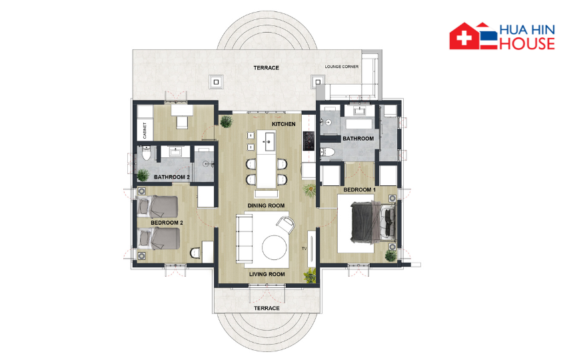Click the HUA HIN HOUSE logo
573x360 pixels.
[502, 36]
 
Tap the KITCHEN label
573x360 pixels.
[284, 124]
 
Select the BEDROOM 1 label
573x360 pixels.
[359, 190]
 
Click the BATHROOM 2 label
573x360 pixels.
[172, 177]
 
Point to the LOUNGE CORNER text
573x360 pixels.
[342, 67]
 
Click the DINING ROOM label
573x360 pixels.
[266, 206]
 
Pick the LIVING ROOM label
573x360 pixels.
[267, 274]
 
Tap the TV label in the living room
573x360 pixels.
[304, 249]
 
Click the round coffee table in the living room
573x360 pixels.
[275, 247]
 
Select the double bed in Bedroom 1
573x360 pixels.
[372, 223]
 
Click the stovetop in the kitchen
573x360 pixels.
[308, 141]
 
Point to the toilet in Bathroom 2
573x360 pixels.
[147, 153]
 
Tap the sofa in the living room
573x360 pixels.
[244, 238]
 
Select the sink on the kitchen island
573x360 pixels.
[270, 141]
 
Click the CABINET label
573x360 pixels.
[145, 131]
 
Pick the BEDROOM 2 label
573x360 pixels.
[167, 223]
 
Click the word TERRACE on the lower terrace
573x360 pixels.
[267, 308]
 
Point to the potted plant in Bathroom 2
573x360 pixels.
[143, 175]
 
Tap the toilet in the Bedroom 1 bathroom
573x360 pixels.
[327, 153]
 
